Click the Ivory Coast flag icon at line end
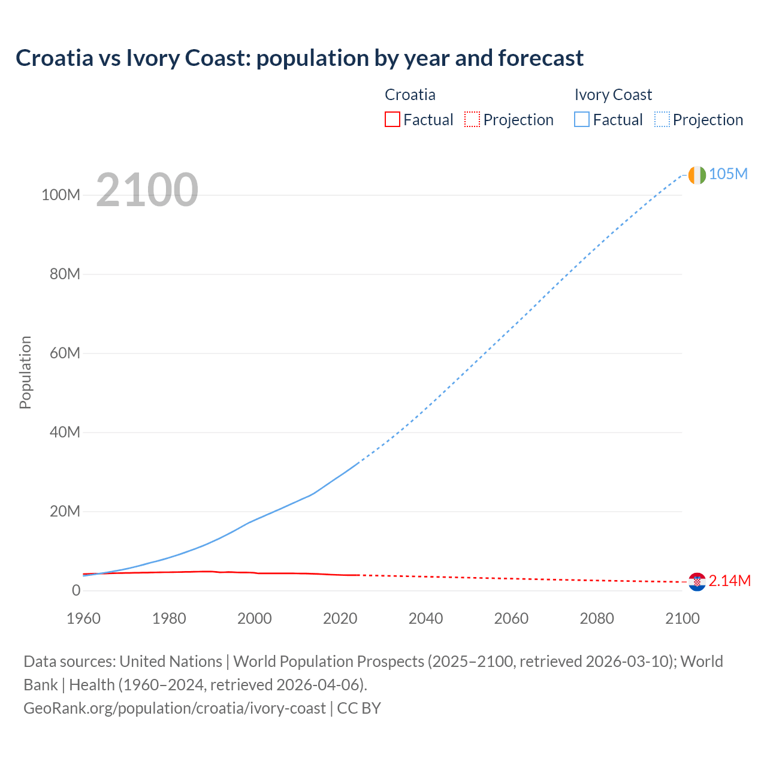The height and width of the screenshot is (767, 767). (697, 175)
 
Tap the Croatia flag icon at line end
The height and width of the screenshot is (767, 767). (697, 581)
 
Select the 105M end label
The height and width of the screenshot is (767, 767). (728, 174)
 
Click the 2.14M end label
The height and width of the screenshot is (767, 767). (729, 581)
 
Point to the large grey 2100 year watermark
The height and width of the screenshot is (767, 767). (147, 190)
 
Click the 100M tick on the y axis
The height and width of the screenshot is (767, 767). (61, 195)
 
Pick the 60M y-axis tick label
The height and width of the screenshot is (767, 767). (64, 353)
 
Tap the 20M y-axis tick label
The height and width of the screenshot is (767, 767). (64, 511)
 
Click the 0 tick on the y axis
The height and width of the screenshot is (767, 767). (76, 590)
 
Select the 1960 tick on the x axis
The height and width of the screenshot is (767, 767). (83, 618)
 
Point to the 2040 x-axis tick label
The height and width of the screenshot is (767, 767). (425, 618)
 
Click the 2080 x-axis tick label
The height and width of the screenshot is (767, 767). (597, 618)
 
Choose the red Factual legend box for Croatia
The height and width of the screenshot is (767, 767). (392, 119)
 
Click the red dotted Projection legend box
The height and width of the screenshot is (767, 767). (472, 119)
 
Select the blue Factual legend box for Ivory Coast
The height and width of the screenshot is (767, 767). (581, 119)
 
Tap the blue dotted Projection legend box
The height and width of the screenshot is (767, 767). (662, 119)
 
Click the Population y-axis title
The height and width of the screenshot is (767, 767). (25, 372)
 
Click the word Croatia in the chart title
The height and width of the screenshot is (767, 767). (55, 58)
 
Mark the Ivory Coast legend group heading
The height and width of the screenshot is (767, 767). (612, 95)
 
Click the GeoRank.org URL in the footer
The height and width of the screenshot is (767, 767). (174, 708)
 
